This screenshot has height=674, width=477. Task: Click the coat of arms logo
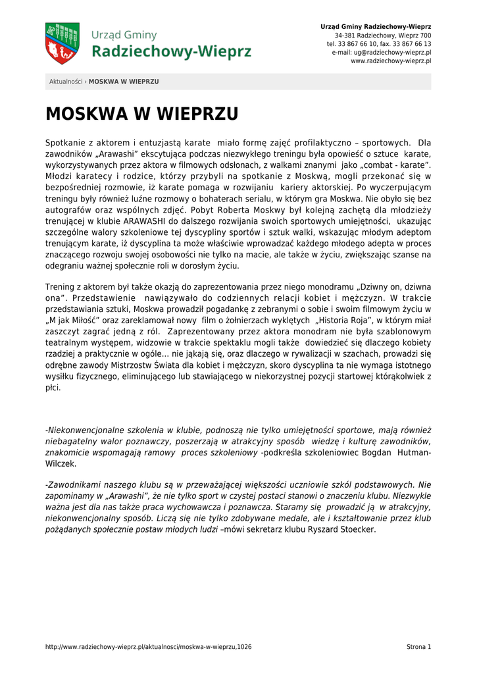pyautogui.click(x=63, y=43)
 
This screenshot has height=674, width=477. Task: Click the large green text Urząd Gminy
pyautogui.click(x=124, y=35)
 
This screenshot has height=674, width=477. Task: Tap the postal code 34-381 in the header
pyautogui.click(x=345, y=35)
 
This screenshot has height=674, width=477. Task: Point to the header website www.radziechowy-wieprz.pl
pyautogui.click(x=391, y=61)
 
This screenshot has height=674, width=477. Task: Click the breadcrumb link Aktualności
pyautogui.click(x=65, y=82)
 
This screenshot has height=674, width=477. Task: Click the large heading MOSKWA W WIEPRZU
pyautogui.click(x=141, y=115)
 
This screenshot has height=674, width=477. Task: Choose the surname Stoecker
pyautogui.click(x=355, y=529)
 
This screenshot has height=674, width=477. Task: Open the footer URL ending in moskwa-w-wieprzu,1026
pyautogui.click(x=148, y=647)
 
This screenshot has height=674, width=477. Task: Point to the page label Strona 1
pyautogui.click(x=418, y=647)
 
